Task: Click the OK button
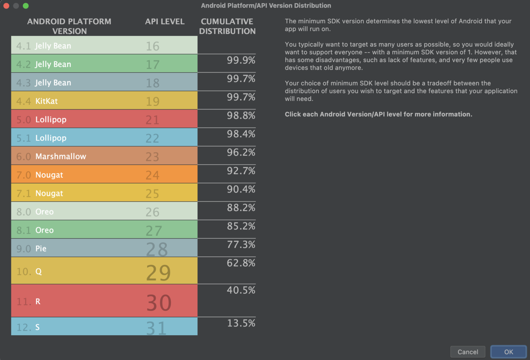[x=508, y=352]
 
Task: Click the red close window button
[x=6, y=6]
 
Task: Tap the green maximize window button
[x=26, y=6]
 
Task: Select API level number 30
[x=159, y=303]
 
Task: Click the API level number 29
[x=158, y=273]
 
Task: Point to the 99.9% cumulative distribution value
[x=241, y=60]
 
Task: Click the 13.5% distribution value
[x=241, y=323]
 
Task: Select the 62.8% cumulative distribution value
[x=241, y=263]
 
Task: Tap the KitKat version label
[x=46, y=101]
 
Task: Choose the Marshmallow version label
[x=61, y=157]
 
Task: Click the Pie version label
[x=41, y=249]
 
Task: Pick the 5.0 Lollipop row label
[x=41, y=120]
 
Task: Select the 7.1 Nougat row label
[x=40, y=193]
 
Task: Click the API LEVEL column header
[x=165, y=21]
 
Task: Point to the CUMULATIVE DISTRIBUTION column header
[x=227, y=26]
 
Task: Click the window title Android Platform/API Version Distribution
[x=266, y=6]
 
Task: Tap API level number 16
[x=153, y=46]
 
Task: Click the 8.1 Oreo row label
[x=35, y=230]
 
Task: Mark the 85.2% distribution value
[x=241, y=226]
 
